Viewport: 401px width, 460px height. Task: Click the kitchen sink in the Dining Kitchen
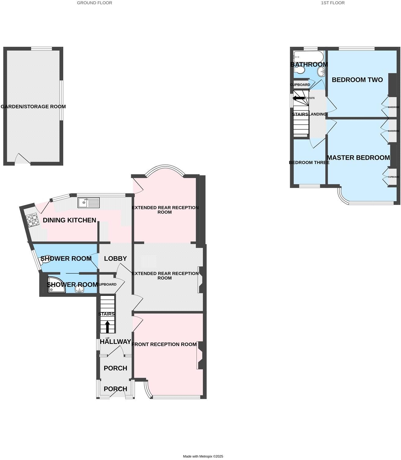(88, 202)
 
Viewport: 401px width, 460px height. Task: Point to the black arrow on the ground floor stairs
(107, 326)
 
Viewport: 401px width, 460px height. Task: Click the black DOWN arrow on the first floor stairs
(299, 98)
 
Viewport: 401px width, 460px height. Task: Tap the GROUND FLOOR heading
(94, 3)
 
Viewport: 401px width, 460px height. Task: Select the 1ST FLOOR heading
(333, 3)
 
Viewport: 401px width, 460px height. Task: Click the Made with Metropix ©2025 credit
(203, 456)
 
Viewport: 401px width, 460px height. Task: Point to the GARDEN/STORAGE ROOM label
(33, 107)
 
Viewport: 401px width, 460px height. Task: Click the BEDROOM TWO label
(357, 80)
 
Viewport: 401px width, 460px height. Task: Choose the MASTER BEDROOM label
(358, 158)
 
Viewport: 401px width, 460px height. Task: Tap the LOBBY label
(115, 258)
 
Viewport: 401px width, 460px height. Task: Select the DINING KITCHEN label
(69, 220)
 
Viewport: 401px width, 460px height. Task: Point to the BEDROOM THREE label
(309, 162)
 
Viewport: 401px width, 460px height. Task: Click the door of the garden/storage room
(23, 160)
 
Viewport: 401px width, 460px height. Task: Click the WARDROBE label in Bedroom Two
(393, 107)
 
